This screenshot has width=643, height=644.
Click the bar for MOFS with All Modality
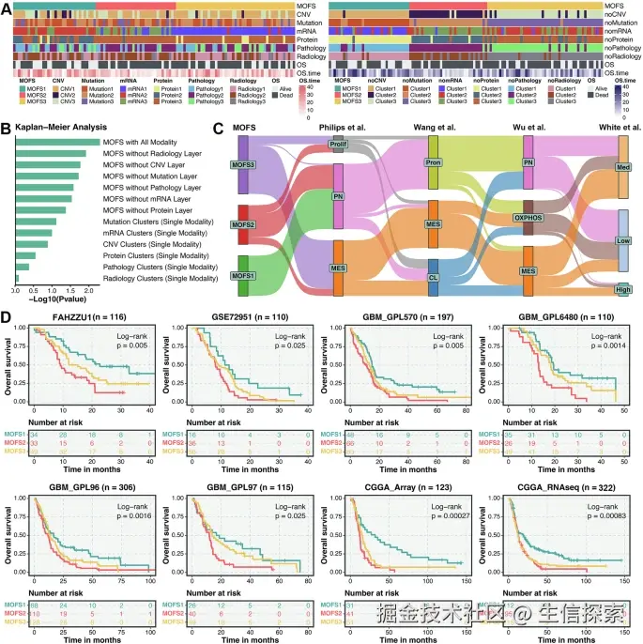56,142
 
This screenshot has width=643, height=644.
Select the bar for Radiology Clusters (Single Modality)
17,278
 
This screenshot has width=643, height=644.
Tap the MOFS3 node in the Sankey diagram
242,163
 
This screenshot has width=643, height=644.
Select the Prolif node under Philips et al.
338,145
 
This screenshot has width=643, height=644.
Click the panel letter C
218,127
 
